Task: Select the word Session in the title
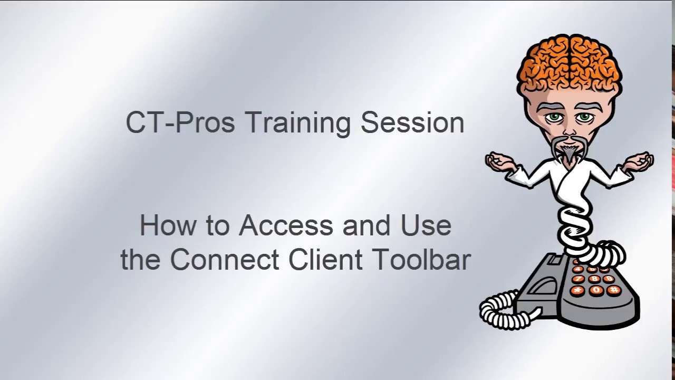point(412,122)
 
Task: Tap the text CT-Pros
point(180,122)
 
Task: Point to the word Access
point(287,226)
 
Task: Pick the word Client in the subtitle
point(330,260)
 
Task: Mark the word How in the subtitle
point(160,226)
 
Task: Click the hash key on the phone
point(613,290)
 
